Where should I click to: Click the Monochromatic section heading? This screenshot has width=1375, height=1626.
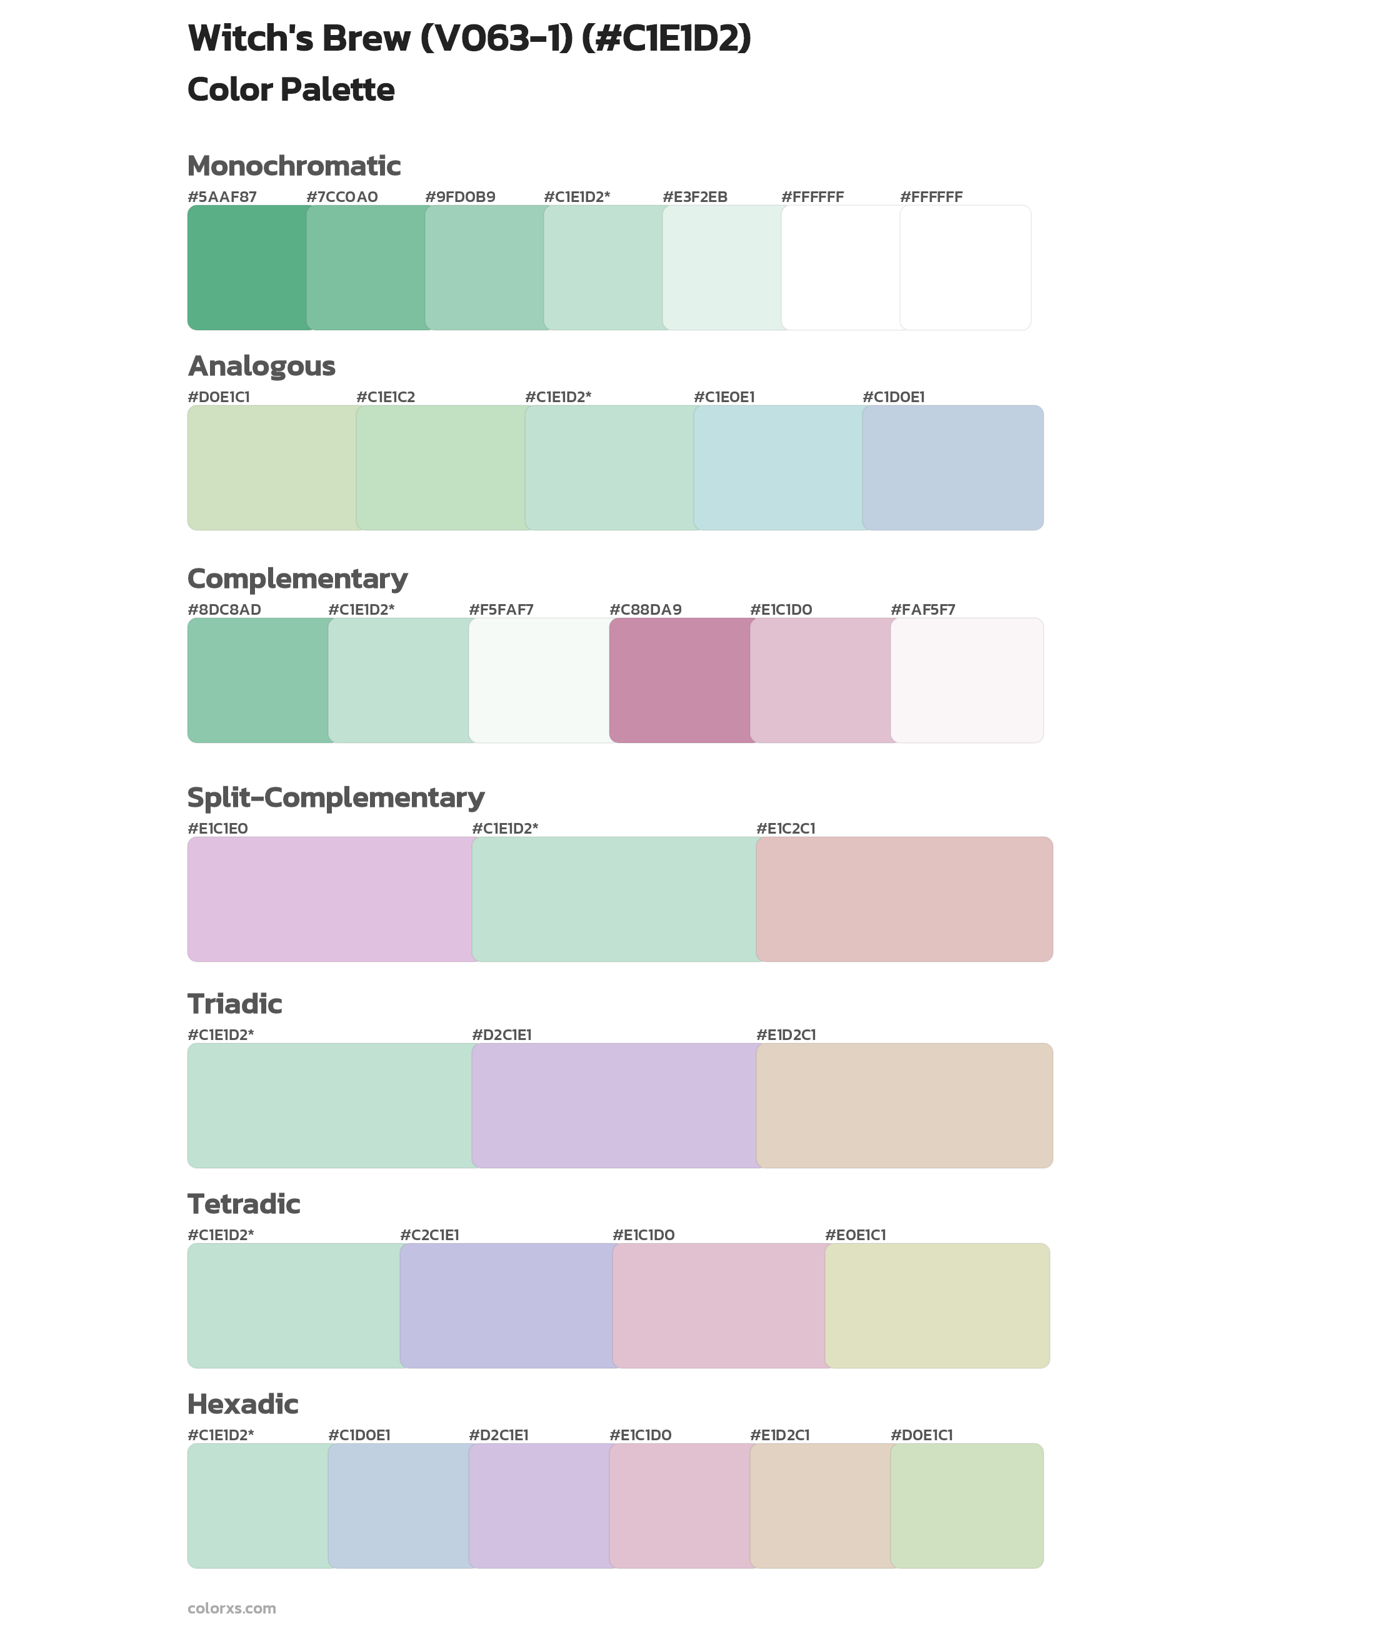(294, 166)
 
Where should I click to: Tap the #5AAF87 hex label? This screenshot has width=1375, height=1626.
(222, 197)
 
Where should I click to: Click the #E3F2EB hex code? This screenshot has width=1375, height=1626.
(694, 197)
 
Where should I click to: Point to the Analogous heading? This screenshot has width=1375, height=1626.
(261, 366)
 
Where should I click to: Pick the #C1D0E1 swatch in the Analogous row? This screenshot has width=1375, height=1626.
(952, 468)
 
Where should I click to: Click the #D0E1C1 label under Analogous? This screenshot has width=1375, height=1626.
(219, 397)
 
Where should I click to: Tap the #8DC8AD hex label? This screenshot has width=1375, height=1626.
(224, 609)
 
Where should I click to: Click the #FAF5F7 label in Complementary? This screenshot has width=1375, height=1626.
(923, 609)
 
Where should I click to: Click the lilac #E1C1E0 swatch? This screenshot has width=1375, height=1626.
(330, 899)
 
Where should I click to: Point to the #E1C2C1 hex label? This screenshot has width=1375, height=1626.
(786, 828)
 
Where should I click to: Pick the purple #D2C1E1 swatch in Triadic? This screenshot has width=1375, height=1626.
(614, 1105)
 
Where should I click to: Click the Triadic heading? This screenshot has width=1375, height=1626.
(234, 1004)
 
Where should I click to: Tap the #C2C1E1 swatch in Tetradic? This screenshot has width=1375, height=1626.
(507, 1305)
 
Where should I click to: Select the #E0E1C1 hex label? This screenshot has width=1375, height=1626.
(855, 1235)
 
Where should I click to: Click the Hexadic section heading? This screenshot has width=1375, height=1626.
(243, 1404)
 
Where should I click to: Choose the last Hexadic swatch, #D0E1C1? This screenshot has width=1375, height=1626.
(966, 1505)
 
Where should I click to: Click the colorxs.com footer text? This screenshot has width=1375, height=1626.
(231, 1608)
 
